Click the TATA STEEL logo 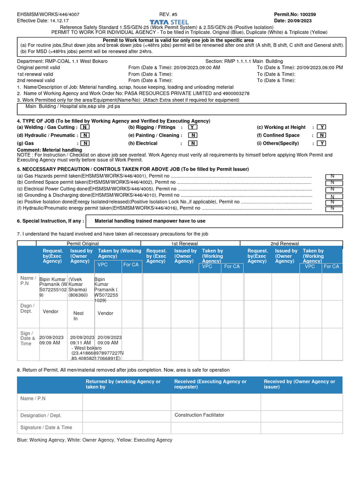click(x=169, y=22)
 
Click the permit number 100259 click(x=307, y=15)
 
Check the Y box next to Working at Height click(x=322, y=127)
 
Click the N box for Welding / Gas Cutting click(x=85, y=127)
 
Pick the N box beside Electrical click(x=193, y=143)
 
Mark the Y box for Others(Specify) click(x=322, y=143)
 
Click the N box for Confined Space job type click(x=322, y=135)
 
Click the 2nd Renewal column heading click(x=285, y=244)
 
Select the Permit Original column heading click(x=82, y=244)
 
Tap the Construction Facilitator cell click(x=199, y=415)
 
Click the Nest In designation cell click(x=78, y=316)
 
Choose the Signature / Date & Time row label click(x=46, y=427)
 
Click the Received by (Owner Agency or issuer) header click(x=299, y=384)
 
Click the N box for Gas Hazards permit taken click(x=334, y=177)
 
